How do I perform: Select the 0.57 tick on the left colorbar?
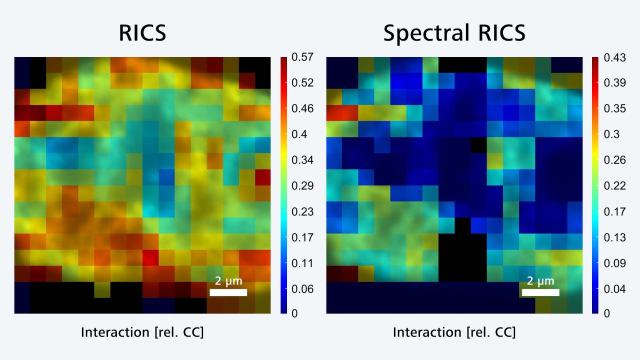pos(302,57)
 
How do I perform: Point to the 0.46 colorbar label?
pos(302,108)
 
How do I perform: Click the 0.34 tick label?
pos(302,160)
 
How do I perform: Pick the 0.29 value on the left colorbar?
pos(302,186)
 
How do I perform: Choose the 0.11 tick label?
pos(302,263)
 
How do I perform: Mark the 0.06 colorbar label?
pos(302,289)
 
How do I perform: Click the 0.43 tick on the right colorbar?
pos(614,57)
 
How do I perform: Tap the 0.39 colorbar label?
pos(614,82)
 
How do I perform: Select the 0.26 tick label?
pos(614,160)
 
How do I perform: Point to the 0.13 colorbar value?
pos(614,237)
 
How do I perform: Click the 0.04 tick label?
pos(614,289)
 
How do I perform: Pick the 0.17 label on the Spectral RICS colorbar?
pos(614,211)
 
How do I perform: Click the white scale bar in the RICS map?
pos(228,292)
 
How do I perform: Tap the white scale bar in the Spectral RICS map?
pos(540,292)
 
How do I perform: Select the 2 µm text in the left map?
pos(228,281)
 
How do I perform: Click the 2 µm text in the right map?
pos(540,281)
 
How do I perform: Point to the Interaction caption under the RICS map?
pos(142,332)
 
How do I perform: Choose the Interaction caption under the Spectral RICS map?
pos(454,332)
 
